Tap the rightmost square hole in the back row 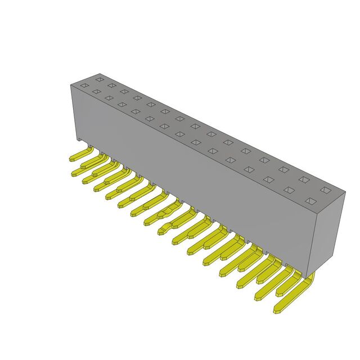325,190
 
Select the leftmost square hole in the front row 84,85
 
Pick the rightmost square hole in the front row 309,201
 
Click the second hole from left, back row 111,85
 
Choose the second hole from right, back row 304,179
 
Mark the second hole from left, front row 96,91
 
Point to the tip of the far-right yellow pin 277,309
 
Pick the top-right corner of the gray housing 344,192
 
